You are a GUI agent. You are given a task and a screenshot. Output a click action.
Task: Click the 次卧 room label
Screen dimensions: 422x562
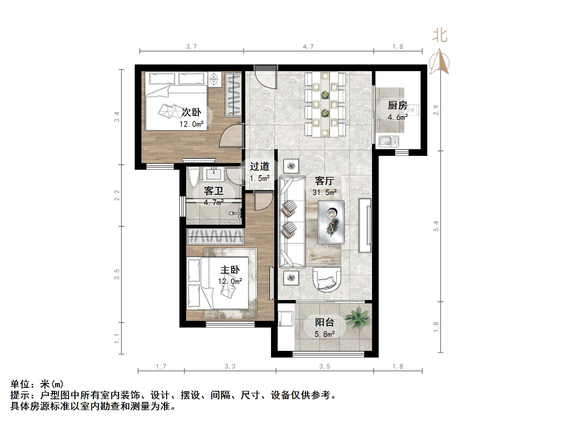191,112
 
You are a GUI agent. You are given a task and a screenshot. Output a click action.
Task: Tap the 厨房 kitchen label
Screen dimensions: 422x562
397,106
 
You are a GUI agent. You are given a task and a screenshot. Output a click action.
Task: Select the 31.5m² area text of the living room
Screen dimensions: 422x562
324,192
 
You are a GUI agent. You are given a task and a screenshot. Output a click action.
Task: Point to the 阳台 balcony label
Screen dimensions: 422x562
324,322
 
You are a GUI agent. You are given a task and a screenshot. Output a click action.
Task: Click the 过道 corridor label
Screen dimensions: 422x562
259,166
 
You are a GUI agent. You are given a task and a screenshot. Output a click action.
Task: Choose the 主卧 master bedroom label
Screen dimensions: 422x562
230,270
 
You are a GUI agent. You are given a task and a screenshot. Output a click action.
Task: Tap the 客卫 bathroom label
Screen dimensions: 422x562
213,191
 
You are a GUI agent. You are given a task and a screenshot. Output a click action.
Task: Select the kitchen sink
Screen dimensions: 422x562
389,141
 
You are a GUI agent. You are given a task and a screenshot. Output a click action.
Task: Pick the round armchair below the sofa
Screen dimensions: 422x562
327,279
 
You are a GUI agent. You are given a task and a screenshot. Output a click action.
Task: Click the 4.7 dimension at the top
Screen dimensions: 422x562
308,47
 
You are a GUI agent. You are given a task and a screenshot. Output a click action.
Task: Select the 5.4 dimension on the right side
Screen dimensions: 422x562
436,226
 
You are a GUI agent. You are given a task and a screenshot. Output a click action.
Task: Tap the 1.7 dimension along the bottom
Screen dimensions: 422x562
161,366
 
